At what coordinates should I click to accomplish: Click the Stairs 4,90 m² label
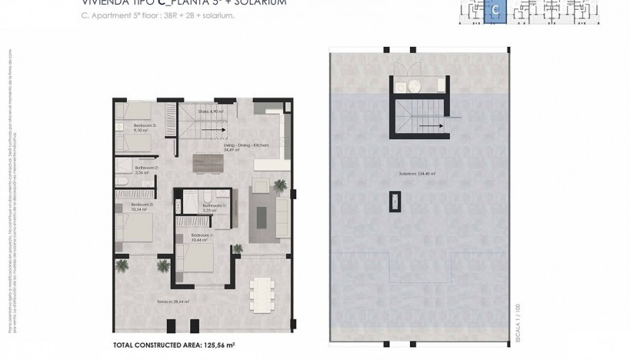210,112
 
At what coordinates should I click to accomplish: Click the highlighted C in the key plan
495,11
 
